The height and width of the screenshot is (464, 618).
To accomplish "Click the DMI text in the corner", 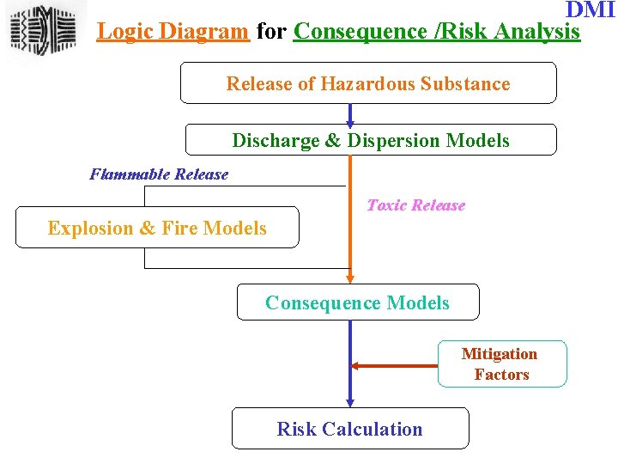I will tap(591, 10).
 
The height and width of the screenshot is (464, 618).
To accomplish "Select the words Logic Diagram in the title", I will tap(173, 32).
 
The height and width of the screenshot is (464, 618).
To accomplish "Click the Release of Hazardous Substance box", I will tap(367, 83).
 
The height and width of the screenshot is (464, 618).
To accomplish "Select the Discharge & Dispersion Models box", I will tap(371, 140).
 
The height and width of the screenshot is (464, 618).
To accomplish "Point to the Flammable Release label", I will tap(159, 174).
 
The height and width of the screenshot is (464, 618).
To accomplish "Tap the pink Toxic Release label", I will tap(415, 205).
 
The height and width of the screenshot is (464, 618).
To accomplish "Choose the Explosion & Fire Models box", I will tap(157, 228).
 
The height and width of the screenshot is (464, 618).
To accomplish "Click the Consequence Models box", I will tap(357, 302).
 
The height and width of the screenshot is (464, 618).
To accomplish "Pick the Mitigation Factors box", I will tap(502, 364).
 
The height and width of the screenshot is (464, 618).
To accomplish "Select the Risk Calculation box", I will tap(349, 429).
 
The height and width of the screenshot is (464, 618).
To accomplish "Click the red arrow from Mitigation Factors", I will tap(395, 365).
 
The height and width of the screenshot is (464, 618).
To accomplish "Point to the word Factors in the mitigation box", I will tap(501, 375).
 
